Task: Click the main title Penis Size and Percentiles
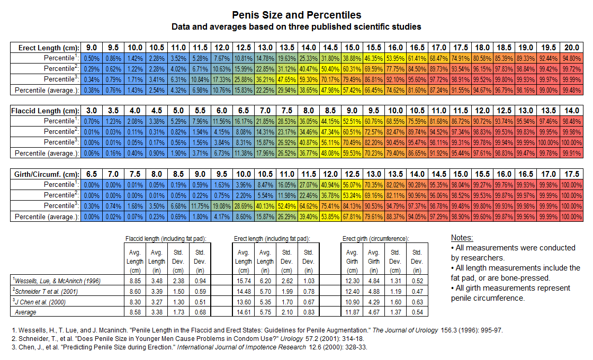click(x=296, y=15)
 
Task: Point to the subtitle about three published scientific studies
click(x=296, y=26)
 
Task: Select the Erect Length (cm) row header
click(x=45, y=48)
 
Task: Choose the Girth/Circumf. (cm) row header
click(x=44, y=174)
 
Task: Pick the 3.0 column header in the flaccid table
click(x=91, y=111)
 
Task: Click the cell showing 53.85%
click(x=330, y=216)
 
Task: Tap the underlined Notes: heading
click(x=462, y=238)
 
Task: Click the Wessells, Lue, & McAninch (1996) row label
click(x=57, y=281)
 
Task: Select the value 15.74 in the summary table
click(x=244, y=281)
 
